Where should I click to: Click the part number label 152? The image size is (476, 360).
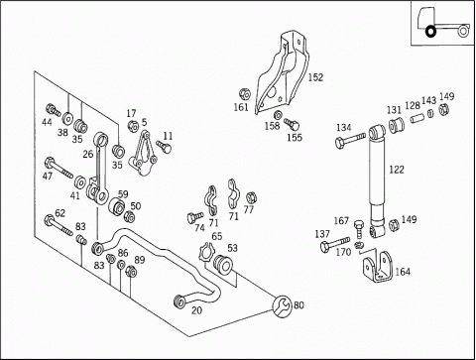click(315, 77)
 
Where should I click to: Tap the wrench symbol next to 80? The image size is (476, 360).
click(282, 306)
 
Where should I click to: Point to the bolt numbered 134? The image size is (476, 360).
click(350, 140)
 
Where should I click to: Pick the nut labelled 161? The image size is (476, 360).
click(245, 94)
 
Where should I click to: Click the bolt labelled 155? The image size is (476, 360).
click(292, 124)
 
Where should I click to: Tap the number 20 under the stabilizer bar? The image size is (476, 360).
click(197, 310)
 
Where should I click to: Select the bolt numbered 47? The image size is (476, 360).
click(59, 168)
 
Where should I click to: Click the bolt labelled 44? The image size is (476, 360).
click(53, 110)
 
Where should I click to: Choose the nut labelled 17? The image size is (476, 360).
click(133, 126)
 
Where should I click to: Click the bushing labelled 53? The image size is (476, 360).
click(222, 264)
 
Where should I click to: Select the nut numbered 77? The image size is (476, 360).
click(251, 197)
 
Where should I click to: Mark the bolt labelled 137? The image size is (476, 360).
click(335, 244)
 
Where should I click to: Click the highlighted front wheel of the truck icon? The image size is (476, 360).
click(430, 32)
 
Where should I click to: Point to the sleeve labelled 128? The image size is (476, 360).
click(417, 117)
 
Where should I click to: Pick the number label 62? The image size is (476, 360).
click(59, 213)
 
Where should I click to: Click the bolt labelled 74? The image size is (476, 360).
click(194, 217)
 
